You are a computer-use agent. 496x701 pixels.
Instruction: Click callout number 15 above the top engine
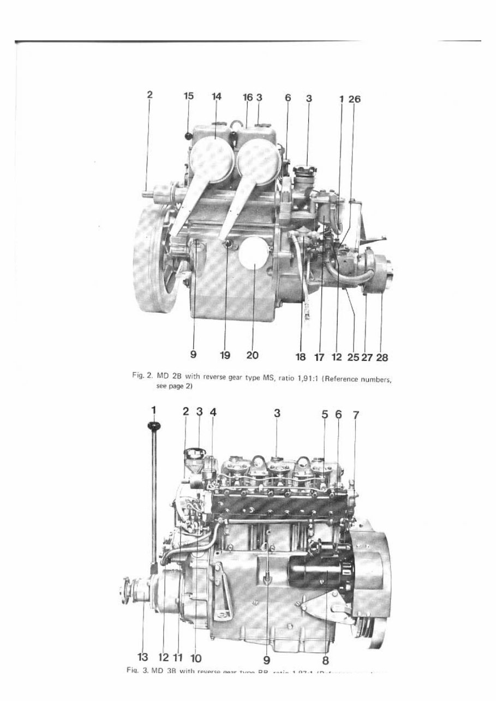click(189, 96)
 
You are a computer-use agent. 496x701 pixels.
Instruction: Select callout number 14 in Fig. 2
click(217, 96)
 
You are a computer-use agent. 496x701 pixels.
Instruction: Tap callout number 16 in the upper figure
click(248, 97)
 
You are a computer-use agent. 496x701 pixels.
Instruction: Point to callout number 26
click(355, 99)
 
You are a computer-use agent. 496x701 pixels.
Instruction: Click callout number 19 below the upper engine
click(225, 355)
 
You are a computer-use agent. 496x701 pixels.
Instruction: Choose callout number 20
click(252, 355)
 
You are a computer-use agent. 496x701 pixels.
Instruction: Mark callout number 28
click(382, 359)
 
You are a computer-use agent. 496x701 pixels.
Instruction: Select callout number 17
click(320, 359)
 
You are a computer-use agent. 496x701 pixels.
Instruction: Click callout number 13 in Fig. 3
click(144, 660)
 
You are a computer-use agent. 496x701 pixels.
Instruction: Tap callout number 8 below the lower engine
click(326, 660)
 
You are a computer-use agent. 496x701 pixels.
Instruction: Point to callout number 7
click(356, 415)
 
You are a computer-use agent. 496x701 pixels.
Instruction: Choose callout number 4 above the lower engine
click(213, 413)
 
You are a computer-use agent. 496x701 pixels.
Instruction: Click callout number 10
click(196, 660)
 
